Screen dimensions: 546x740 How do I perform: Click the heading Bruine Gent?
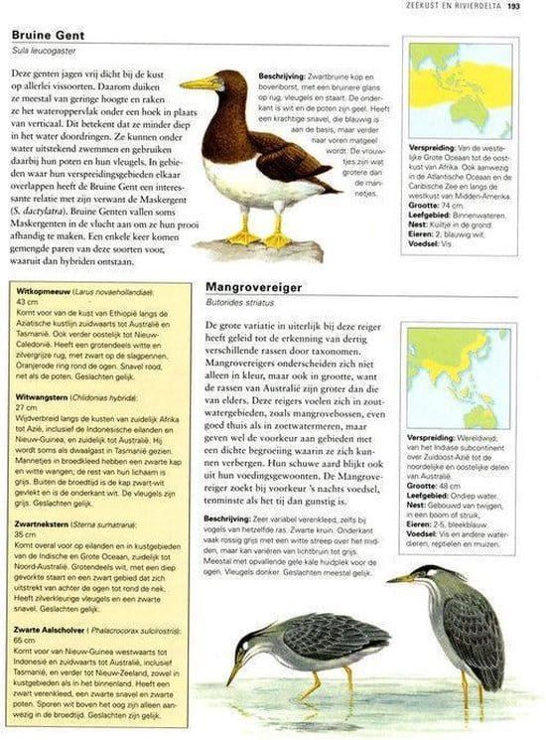46,36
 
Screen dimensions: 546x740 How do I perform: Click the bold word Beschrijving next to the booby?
282,76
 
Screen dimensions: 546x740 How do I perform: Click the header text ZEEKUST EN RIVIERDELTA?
458,8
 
